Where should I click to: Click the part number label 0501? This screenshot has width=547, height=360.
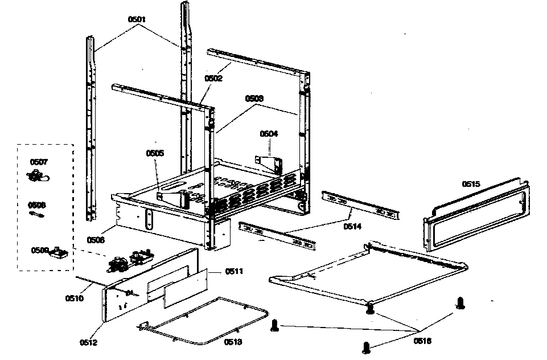coord(137,19)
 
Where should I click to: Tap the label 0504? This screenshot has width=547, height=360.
coord(269,134)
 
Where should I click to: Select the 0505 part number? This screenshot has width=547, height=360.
coord(155,153)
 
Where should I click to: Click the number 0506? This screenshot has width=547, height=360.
coord(96,240)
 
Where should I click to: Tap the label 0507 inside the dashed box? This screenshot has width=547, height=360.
coord(38,162)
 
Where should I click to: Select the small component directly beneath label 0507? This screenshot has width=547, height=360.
coord(39,177)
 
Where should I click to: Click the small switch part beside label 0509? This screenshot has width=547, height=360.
coord(59,252)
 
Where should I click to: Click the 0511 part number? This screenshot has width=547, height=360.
coord(234,271)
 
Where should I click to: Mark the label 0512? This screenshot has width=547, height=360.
coord(89,342)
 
